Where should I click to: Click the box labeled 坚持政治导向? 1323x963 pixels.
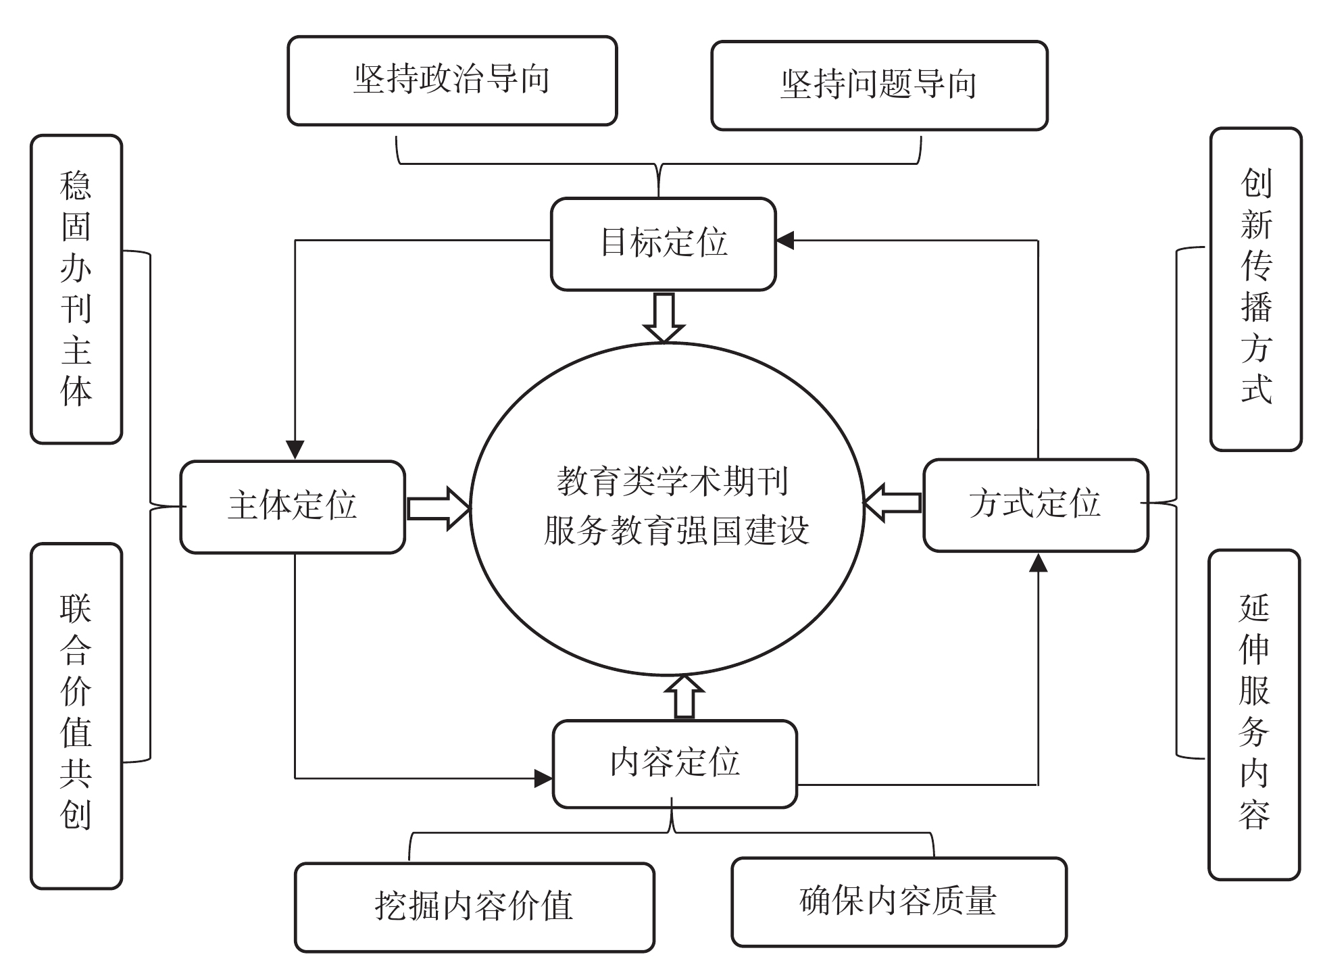(452, 81)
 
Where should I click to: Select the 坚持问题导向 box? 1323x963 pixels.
(879, 86)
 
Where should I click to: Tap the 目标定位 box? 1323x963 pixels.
(663, 244)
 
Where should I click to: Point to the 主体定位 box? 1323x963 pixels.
(292, 507)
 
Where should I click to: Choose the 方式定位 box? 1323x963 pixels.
(1035, 505)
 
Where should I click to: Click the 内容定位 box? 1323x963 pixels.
(674, 764)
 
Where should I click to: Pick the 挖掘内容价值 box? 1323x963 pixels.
(474, 907)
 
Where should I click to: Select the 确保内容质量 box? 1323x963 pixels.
(899, 902)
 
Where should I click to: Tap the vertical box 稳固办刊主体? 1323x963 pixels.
(76, 289)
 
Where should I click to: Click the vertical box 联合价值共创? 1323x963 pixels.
(76, 716)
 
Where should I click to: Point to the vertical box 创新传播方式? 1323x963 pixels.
(1255, 289)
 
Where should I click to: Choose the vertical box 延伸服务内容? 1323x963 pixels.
(1254, 714)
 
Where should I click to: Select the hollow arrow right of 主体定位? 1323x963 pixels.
(439, 509)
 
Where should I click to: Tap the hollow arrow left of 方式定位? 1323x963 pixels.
(893, 503)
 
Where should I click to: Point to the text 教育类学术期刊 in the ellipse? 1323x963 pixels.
(672, 482)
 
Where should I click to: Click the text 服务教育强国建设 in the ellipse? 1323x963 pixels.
(676, 531)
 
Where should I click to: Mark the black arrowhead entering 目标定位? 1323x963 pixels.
(785, 240)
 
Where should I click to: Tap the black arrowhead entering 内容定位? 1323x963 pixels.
(543, 779)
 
